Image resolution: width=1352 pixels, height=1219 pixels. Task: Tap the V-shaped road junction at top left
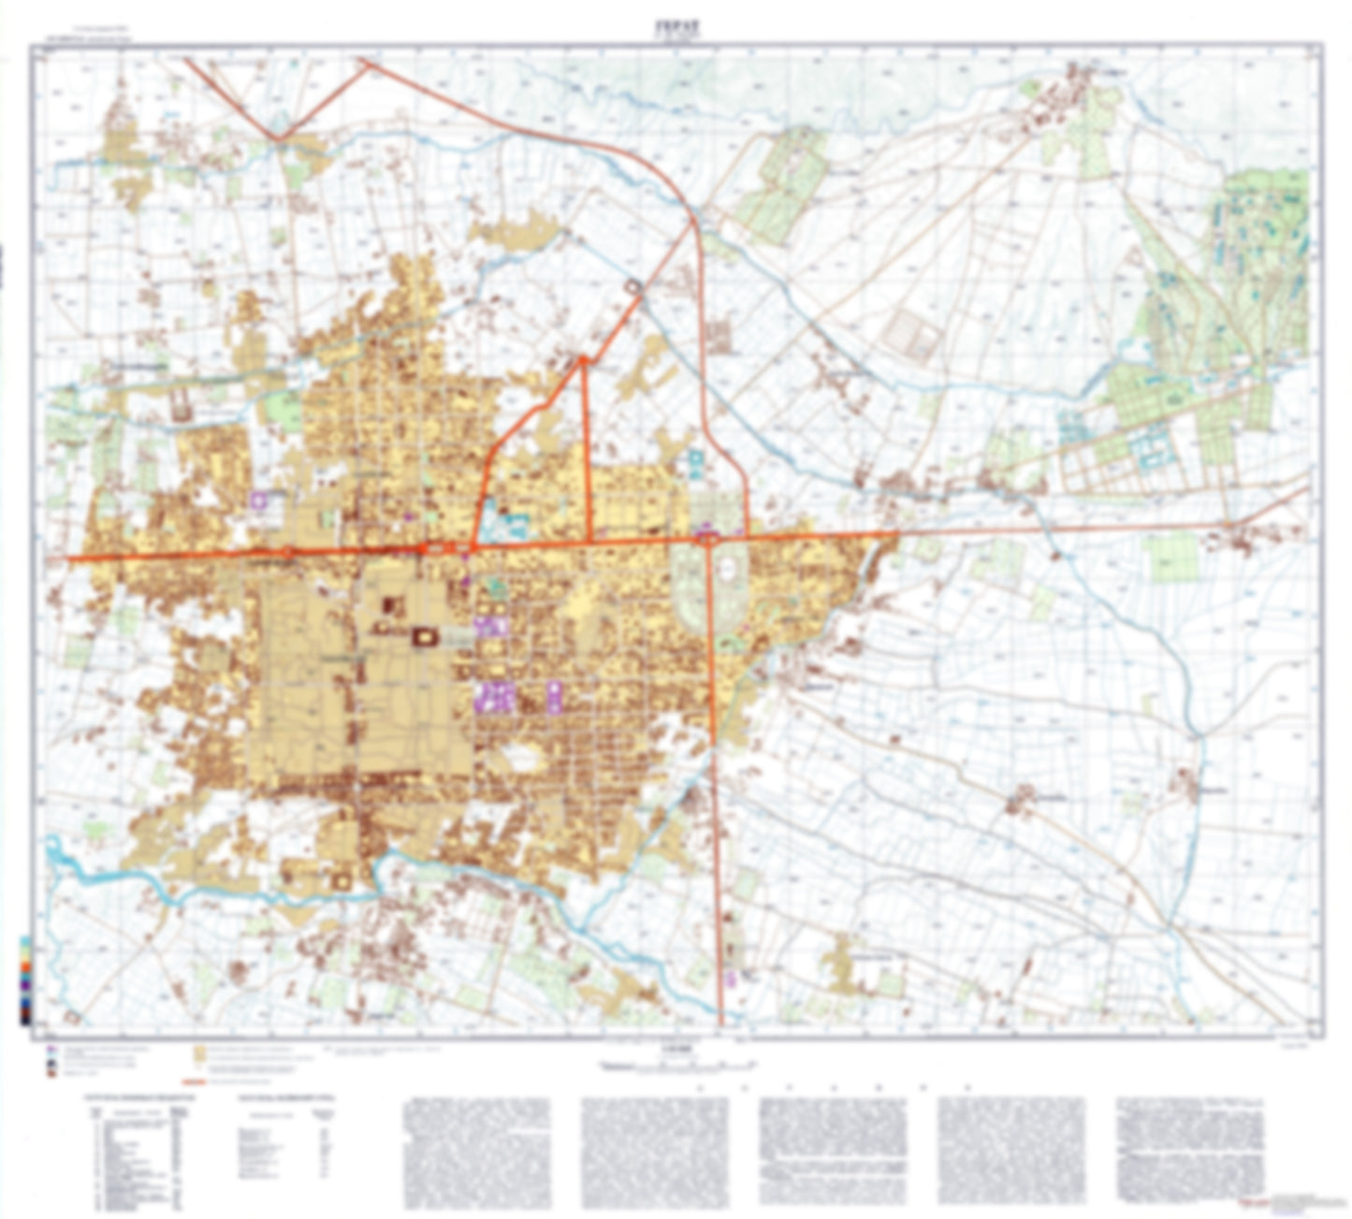[279, 139]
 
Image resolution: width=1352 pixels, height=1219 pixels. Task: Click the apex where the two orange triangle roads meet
[583, 358]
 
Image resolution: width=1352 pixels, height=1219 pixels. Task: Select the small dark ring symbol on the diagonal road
[635, 286]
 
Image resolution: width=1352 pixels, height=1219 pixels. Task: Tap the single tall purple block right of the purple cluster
[554, 697]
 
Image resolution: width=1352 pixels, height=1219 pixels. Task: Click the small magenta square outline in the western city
[259, 501]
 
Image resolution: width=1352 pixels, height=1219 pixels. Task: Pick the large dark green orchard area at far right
[1263, 243]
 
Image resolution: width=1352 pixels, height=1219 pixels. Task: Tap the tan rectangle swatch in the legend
[199, 1054]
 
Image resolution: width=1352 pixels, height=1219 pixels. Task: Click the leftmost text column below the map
[476, 1152]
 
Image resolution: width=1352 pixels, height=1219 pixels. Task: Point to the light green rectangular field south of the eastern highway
[1173, 559]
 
